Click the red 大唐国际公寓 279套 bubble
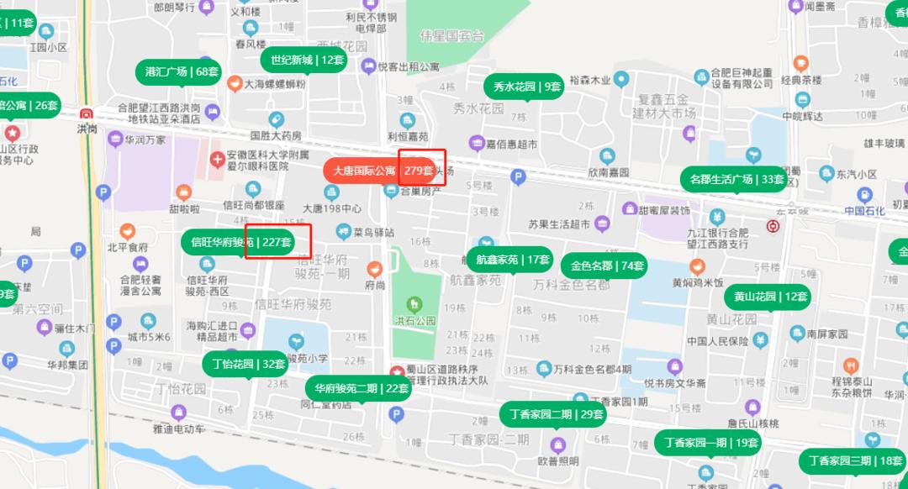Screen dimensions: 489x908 coord(381,171)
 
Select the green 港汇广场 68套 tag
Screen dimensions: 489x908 coord(182,71)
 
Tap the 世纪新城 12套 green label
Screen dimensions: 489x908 coord(307,60)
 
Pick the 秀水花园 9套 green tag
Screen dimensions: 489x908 coord(526,86)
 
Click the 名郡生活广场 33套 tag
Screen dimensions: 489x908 coord(736,179)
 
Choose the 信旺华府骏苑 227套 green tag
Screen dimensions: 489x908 coord(241,242)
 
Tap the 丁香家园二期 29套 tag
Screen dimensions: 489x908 coord(556,414)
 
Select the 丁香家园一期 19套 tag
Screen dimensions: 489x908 coord(708,442)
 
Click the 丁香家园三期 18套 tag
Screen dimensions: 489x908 coord(853,460)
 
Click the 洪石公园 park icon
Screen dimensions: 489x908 coord(413,304)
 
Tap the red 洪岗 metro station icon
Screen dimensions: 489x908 coord(87,114)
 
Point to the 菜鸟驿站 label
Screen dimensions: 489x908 coord(372,231)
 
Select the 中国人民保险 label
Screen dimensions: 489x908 coord(717,341)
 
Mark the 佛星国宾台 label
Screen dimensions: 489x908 coord(452,36)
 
